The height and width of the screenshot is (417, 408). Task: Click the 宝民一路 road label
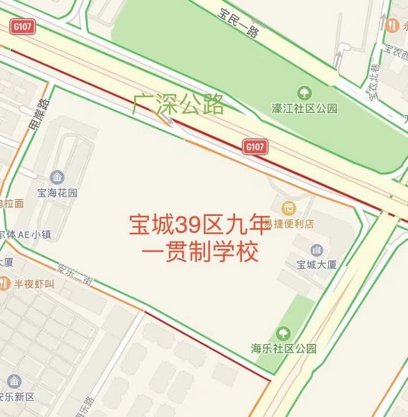pos(238,23)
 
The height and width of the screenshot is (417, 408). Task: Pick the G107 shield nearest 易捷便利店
pos(254,147)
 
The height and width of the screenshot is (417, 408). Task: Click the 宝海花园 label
pos(57,193)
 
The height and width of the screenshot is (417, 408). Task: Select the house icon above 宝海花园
pos(57,178)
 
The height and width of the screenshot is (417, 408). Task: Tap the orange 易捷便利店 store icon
pos(289,208)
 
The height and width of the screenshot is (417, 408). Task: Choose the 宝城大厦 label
pos(317,265)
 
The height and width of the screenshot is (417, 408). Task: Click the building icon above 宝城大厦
pos(317,250)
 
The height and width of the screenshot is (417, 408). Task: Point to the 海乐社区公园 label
pos(283,349)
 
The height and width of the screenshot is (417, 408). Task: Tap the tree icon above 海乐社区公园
pos(283,334)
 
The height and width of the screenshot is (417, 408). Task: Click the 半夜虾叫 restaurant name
pos(34,284)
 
